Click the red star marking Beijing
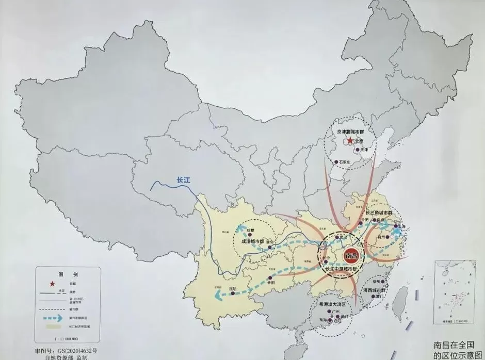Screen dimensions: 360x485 350,140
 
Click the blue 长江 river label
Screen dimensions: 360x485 184,180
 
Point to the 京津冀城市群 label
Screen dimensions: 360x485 354,132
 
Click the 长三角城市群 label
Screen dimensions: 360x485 379,212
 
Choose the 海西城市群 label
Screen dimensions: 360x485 376,291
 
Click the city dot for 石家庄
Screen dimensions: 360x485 336,162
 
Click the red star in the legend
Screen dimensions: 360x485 50,284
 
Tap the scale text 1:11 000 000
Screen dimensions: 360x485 64,339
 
